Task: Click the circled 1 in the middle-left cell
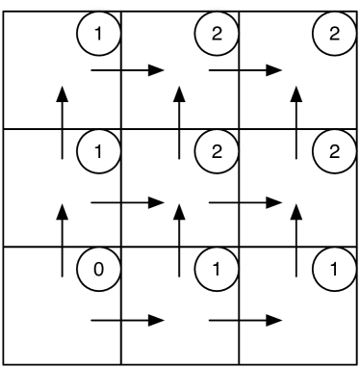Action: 96,151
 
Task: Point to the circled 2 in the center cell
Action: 215,151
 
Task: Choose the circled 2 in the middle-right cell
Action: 332,151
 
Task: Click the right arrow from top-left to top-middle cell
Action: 128,70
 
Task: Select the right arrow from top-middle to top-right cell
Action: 246,70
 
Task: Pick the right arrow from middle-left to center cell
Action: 128,203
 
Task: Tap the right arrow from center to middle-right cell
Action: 246,203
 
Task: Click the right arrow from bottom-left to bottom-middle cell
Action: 128,320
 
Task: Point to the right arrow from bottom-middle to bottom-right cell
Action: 246,320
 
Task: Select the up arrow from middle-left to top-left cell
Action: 63,121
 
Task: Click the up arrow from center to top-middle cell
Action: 179,121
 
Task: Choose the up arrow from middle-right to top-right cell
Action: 296,121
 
